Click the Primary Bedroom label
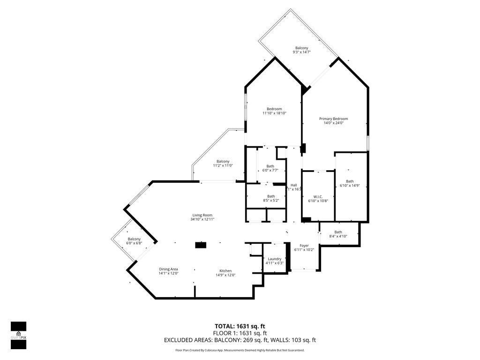point(333,119)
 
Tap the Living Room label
point(202,215)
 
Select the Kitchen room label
point(225,270)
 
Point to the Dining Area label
point(168,269)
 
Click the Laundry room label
point(274,259)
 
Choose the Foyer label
point(304,245)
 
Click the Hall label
point(294,185)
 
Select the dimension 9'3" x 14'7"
point(301,52)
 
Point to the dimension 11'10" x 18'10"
point(274,113)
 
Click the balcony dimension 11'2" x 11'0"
point(223,165)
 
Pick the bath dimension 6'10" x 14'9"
point(350,186)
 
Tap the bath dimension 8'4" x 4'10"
point(338,237)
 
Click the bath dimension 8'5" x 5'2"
point(271,201)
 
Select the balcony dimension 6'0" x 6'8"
point(134,243)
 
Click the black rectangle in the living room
point(201,244)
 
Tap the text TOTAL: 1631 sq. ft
point(240,326)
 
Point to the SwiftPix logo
point(18,335)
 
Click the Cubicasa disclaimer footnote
point(240,350)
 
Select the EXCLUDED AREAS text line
point(240,340)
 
